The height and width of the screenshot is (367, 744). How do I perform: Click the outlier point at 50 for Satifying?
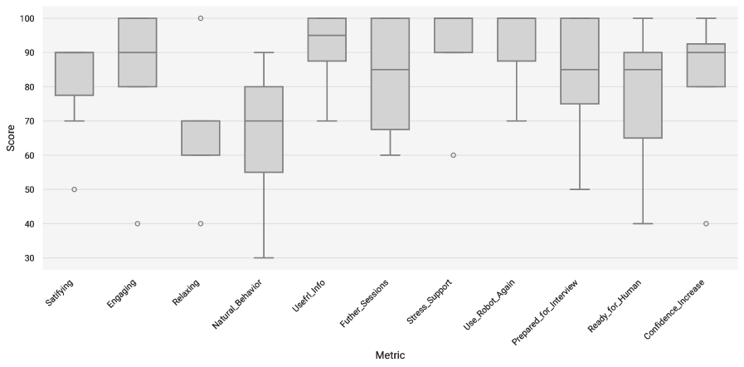point(74,189)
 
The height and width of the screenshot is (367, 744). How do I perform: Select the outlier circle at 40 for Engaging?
point(137,223)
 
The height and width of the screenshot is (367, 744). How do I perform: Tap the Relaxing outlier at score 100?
point(201,17)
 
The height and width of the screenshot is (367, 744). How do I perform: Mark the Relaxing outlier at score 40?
point(201,223)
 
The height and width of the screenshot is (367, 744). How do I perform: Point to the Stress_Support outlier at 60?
point(453,155)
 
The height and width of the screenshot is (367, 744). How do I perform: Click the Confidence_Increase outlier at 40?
point(706,223)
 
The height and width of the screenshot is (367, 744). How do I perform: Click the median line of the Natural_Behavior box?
point(264,120)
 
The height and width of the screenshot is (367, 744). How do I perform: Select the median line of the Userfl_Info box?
point(327,35)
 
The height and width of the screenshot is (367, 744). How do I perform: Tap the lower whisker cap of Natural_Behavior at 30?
point(264,258)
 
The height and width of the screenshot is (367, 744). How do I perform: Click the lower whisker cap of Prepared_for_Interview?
point(580,189)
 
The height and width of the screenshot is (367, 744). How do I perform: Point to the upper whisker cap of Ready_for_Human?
point(643,17)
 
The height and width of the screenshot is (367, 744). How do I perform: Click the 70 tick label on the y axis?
point(29,120)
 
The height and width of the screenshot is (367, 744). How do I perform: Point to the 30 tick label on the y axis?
point(29,258)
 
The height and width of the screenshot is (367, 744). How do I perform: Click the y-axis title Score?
point(10,138)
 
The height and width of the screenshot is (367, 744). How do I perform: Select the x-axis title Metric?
point(390,355)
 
